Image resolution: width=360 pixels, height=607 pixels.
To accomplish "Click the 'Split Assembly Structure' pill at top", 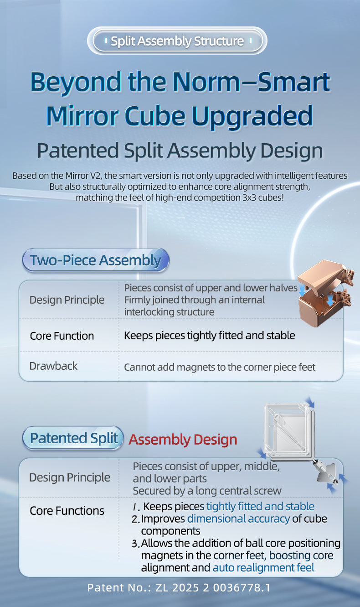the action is point(177,41).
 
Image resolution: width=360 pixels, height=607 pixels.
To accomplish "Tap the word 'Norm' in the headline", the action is point(206,82).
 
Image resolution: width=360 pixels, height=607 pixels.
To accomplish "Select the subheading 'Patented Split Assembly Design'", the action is point(180,150).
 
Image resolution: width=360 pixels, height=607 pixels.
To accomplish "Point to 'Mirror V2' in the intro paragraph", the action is point(82,176).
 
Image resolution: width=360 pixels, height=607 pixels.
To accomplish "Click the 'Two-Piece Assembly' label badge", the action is point(96,260).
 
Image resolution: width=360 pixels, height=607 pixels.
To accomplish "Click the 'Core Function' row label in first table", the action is point(62,336).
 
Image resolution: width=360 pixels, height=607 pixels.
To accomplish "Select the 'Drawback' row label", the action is point(53,366).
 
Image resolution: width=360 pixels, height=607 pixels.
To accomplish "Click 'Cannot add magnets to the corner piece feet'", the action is point(220,367).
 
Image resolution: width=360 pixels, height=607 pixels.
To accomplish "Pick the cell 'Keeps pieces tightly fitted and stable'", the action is point(210,336).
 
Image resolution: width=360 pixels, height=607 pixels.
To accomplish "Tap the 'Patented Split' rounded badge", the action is point(73,438).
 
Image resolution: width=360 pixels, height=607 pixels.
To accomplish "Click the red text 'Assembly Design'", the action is point(183,439).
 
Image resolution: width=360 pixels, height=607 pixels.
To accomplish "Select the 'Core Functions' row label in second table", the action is point(67,510).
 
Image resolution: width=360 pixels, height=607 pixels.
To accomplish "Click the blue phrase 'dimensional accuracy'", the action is point(238,519).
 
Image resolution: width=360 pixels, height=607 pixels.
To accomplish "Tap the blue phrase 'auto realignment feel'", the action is point(263,567).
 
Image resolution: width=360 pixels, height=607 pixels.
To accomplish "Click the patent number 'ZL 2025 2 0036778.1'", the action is point(213,587).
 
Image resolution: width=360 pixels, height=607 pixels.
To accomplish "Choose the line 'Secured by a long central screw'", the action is point(207,491).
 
